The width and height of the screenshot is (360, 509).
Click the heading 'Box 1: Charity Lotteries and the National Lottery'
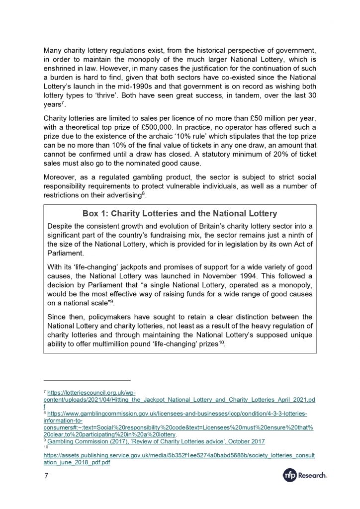click(x=180, y=214)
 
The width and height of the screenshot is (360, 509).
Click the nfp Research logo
click(x=303, y=476)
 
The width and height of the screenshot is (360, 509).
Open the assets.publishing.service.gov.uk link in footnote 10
click(x=179, y=455)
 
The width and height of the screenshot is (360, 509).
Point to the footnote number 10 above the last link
click(x=46, y=447)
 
